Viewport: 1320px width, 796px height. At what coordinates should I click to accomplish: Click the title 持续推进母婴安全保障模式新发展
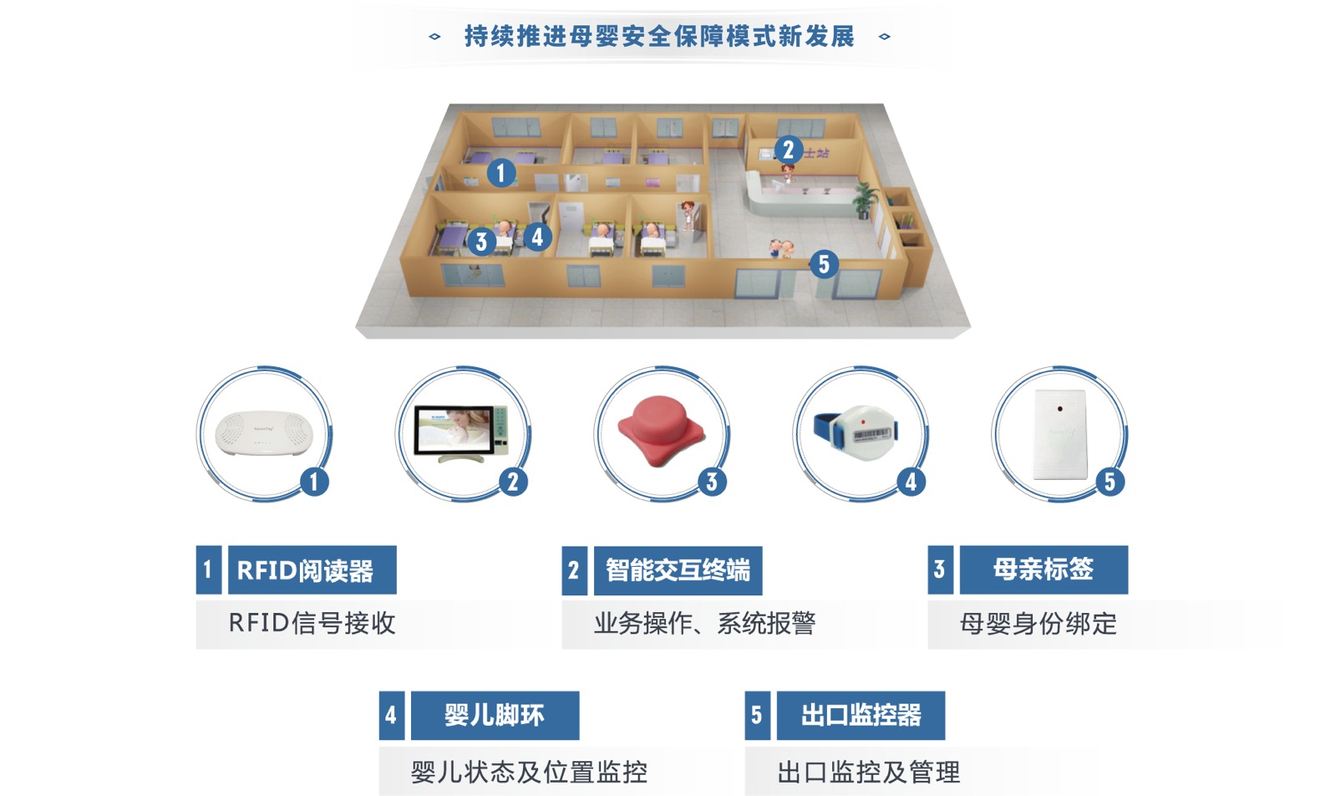tap(659, 37)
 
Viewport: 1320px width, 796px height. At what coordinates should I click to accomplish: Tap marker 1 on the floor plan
tap(500, 173)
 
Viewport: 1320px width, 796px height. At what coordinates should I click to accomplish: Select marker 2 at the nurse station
tap(788, 151)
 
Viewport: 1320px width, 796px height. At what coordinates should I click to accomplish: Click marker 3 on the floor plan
tap(480, 242)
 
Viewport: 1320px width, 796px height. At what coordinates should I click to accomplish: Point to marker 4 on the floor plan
tap(537, 237)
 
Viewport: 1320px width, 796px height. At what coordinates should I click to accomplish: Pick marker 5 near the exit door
tap(824, 264)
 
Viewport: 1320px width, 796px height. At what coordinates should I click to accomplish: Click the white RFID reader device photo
tap(264, 432)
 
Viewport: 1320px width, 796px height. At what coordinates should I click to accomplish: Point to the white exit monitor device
tap(1059, 433)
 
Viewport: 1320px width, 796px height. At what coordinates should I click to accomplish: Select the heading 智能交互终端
tap(678, 570)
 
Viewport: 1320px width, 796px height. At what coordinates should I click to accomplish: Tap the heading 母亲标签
tap(1043, 570)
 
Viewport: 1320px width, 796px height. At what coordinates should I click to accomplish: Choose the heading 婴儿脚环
tap(495, 716)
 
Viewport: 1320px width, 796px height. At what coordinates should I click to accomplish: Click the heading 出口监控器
tap(861, 716)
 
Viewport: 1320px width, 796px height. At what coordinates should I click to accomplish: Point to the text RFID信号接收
tap(312, 623)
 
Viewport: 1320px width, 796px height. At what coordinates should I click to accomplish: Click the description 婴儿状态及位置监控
tap(529, 771)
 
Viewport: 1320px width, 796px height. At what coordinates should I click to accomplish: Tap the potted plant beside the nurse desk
tap(866, 198)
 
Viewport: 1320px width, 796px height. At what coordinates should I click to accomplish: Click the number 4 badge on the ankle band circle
tap(911, 482)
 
